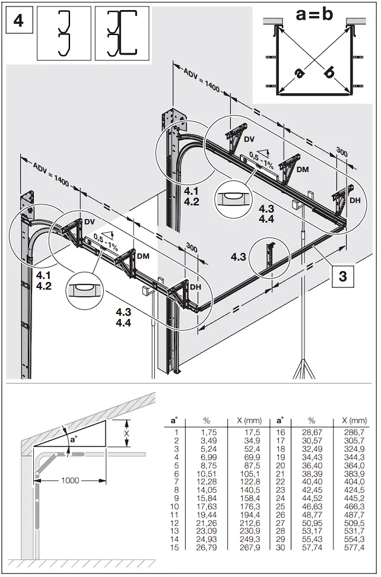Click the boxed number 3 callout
tap(343, 277)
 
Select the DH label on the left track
tap(195, 287)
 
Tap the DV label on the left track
tap(90, 221)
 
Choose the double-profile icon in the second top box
tap(122, 33)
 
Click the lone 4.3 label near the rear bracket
tap(239, 256)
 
